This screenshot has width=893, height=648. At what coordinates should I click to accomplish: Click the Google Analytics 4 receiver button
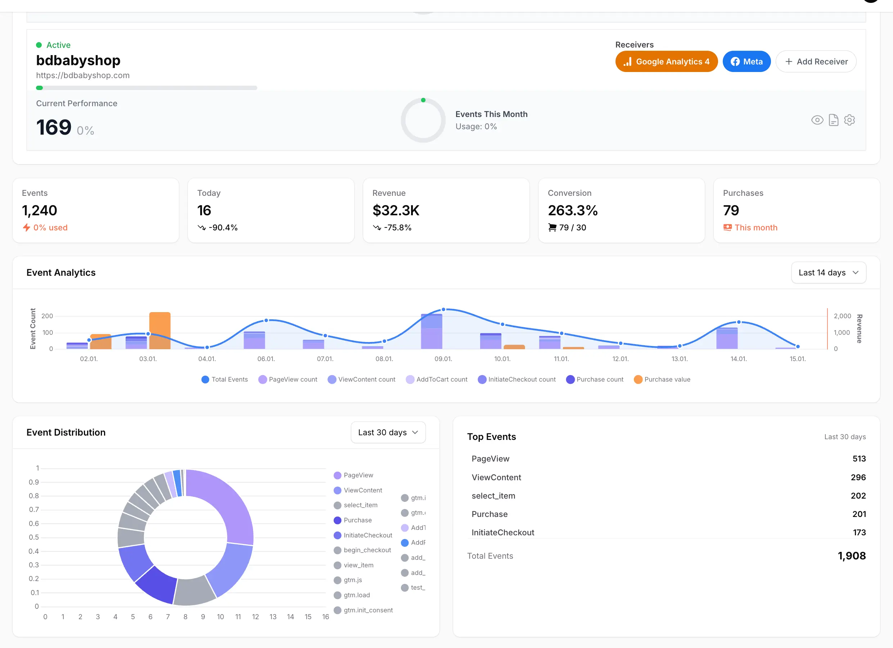(x=666, y=62)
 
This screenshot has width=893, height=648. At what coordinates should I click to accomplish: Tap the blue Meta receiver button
(x=746, y=62)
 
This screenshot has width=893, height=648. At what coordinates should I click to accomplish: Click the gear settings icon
(x=849, y=120)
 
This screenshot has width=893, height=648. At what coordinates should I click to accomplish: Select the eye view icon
(x=817, y=120)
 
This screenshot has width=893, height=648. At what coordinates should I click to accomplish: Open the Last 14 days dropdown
(x=828, y=273)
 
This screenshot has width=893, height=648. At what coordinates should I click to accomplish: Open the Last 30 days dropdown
(x=388, y=432)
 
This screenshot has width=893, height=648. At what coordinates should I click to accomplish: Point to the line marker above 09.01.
(x=443, y=310)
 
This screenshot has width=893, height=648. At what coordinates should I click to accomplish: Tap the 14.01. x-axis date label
(x=738, y=359)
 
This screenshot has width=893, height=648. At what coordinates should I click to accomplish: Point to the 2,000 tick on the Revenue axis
(x=842, y=316)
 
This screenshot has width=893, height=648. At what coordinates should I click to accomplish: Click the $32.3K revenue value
(x=396, y=210)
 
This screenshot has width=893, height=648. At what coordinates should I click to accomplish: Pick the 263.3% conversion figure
(x=573, y=210)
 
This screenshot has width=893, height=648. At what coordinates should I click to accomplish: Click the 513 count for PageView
(x=859, y=459)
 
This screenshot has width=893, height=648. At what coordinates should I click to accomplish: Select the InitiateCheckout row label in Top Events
(x=503, y=532)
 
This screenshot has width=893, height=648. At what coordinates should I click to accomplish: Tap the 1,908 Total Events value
(x=851, y=556)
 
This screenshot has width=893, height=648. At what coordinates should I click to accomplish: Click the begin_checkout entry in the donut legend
(x=367, y=550)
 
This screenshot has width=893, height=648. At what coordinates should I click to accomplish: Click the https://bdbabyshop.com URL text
(x=83, y=75)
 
